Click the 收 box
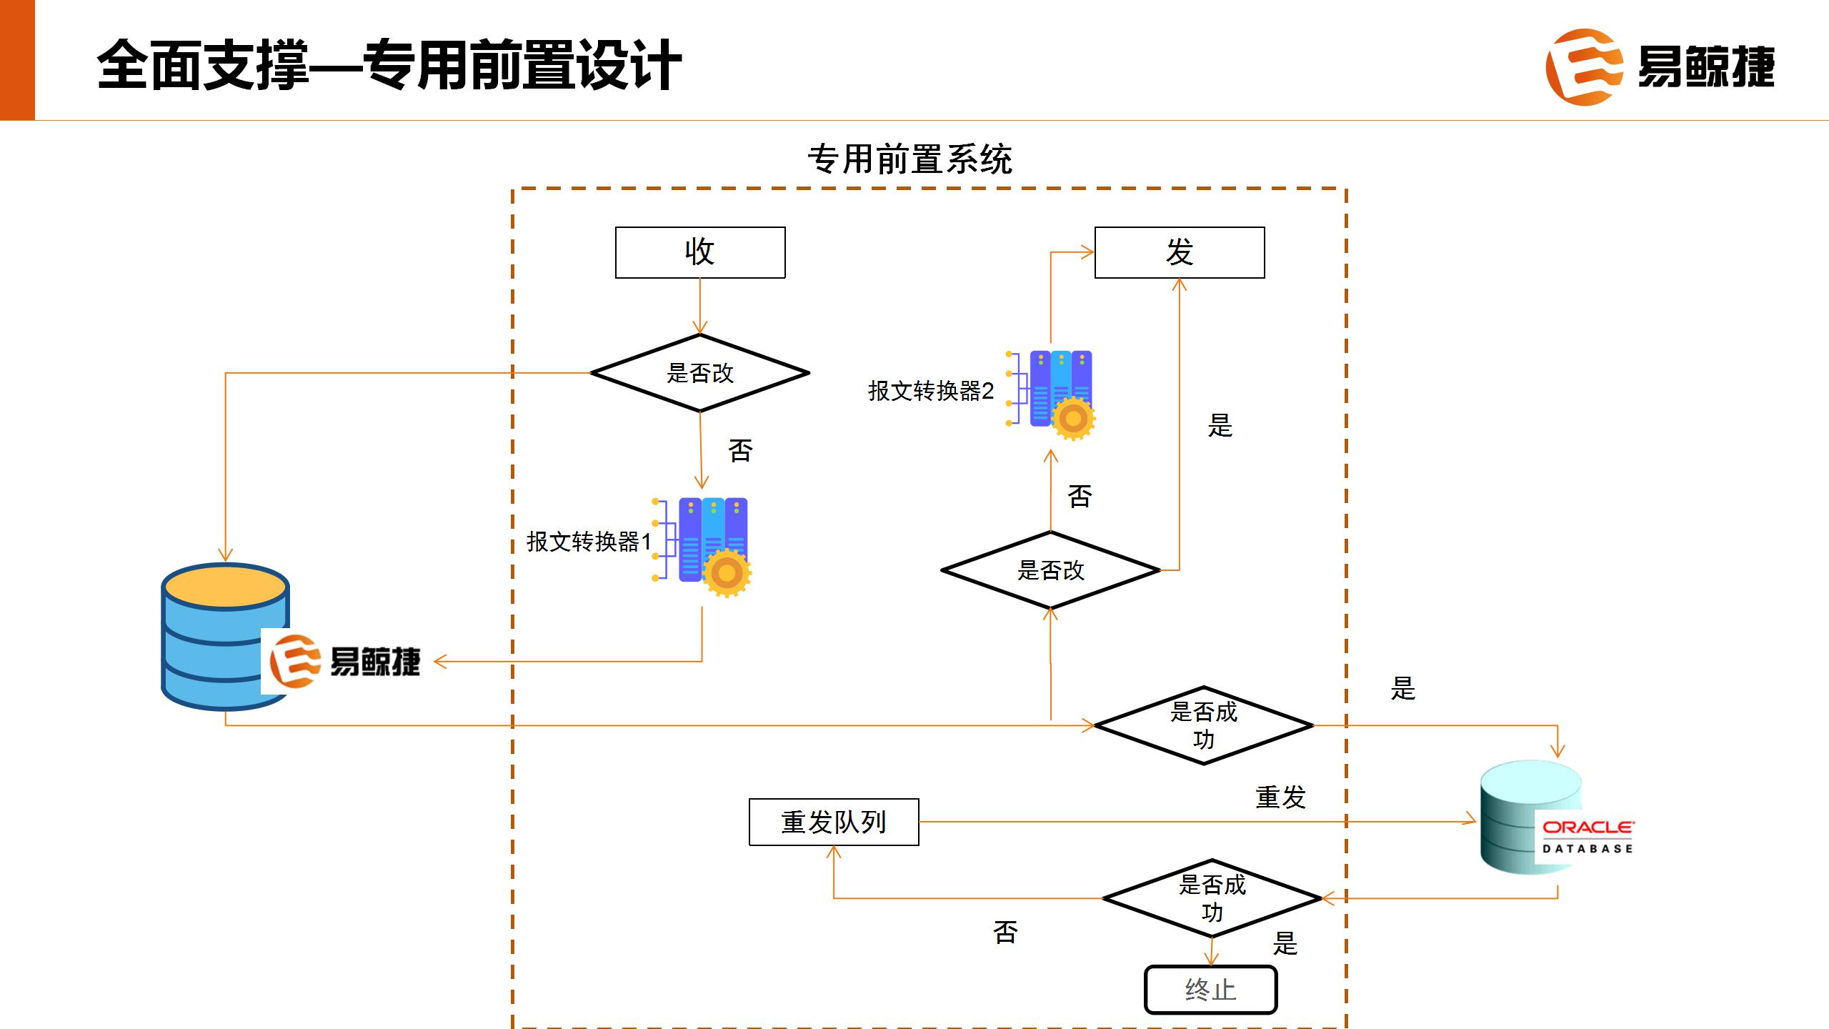(700, 252)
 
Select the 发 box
(1179, 252)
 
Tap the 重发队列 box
(834, 822)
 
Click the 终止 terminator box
(1210, 990)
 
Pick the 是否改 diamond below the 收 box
(700, 373)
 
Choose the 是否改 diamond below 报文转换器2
(1050, 570)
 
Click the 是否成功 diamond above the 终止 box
(1212, 898)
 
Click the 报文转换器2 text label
(930, 391)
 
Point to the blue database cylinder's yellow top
(225, 587)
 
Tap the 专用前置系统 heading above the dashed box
(909, 159)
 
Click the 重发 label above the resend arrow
(1280, 797)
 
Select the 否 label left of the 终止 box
(1005, 932)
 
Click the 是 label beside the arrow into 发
(1220, 426)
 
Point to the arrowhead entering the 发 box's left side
(1087, 252)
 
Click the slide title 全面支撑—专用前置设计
(389, 66)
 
